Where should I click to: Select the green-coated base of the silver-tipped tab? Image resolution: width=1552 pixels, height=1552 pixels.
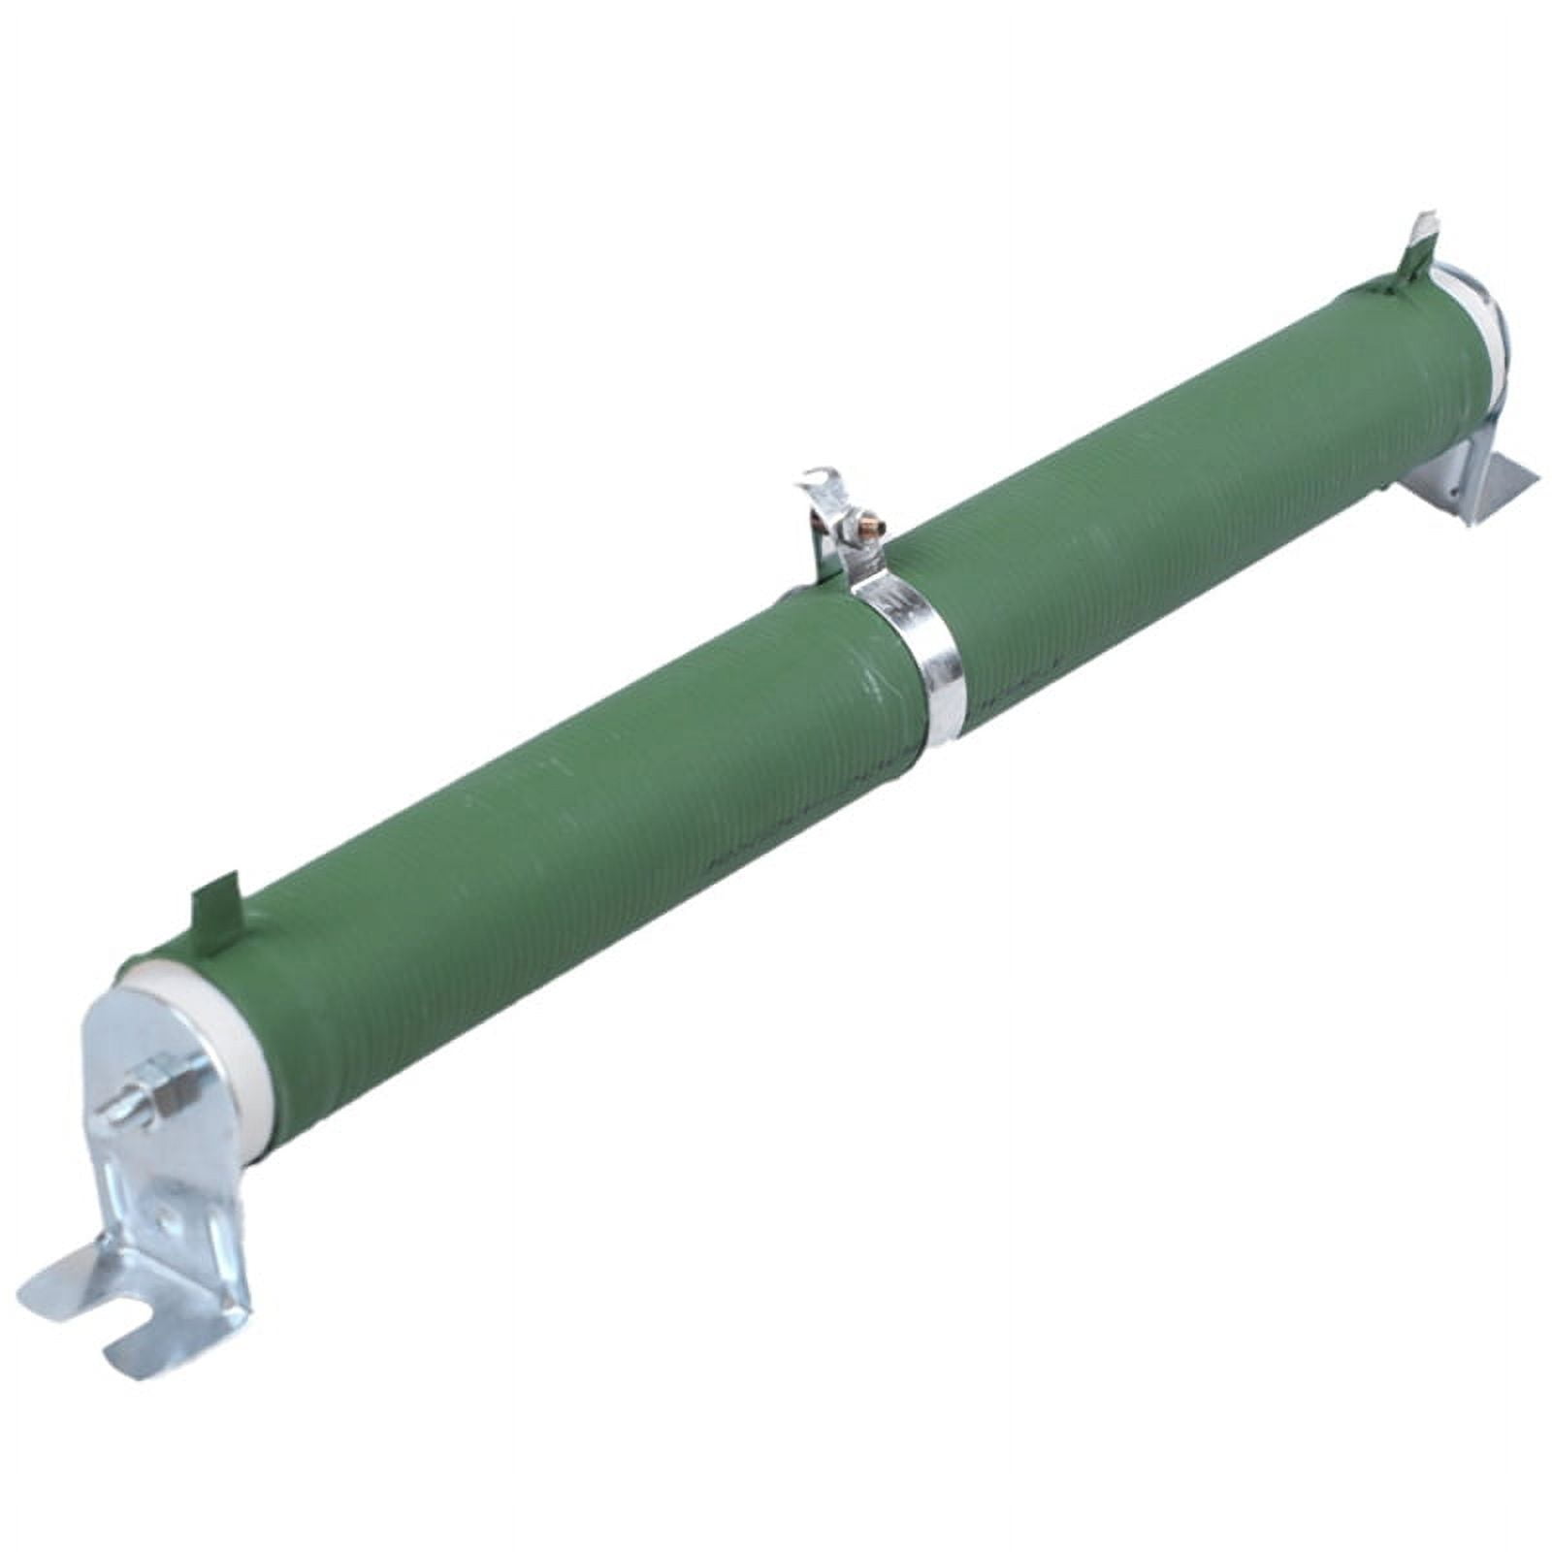click(1406, 275)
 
